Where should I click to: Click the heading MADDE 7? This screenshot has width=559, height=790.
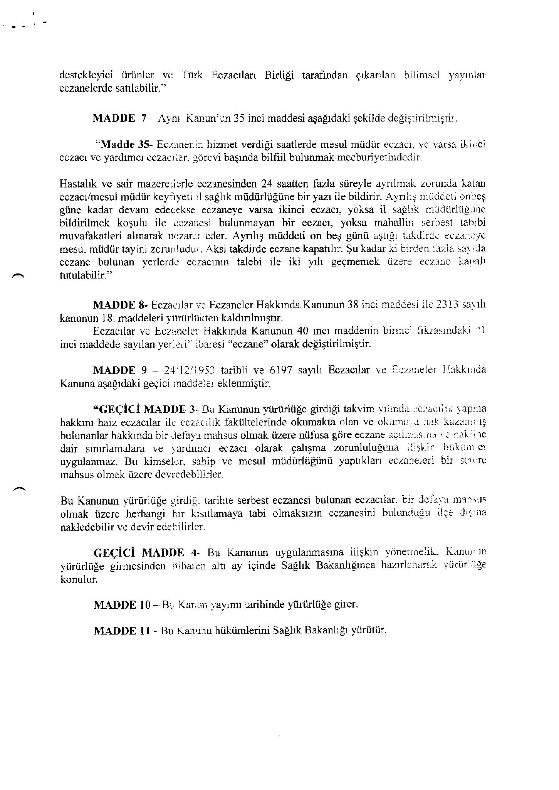coord(119,118)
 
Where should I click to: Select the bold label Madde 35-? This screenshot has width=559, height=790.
coord(126,145)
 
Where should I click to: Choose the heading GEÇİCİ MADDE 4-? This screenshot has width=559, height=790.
coord(146,552)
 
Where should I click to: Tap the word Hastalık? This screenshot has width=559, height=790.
coord(77,183)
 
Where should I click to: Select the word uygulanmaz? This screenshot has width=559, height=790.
coord(84,461)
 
